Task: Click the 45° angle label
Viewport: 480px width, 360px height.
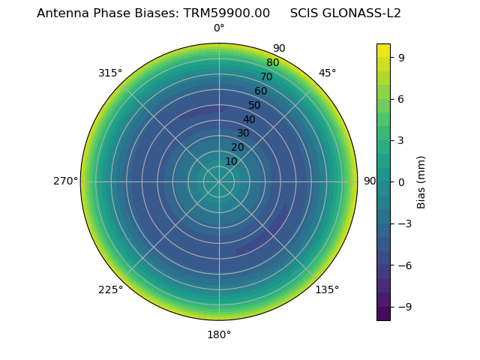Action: click(327, 73)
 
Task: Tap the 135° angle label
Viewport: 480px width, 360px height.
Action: click(327, 289)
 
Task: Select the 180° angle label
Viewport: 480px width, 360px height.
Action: click(219, 334)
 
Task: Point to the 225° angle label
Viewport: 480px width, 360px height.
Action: click(110, 289)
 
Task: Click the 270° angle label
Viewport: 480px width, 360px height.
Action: click(65, 181)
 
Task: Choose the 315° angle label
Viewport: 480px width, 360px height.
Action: click(110, 73)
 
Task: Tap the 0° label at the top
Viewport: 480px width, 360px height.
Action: click(219, 28)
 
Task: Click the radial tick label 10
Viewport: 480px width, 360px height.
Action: click(231, 161)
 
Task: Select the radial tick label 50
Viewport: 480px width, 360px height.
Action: click(255, 106)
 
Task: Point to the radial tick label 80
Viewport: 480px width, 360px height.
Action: click(273, 63)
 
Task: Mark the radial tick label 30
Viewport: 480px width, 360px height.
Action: click(243, 133)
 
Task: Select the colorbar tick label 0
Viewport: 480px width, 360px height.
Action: click(401, 181)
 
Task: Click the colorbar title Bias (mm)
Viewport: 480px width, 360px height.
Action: click(421, 181)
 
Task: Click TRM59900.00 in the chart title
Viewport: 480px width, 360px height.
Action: click(226, 13)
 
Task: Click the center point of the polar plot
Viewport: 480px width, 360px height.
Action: click(219, 181)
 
